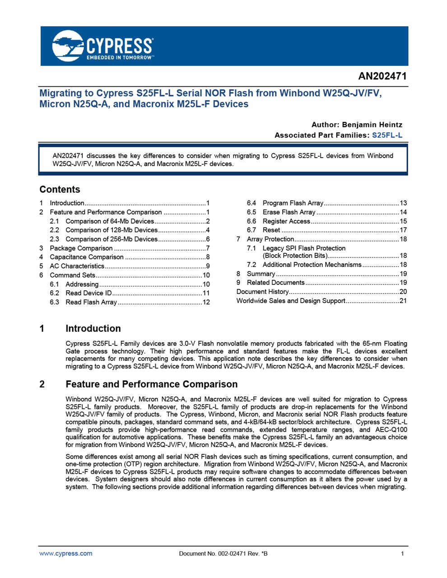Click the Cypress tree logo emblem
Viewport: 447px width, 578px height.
(68, 46)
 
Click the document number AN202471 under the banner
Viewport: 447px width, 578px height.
(382, 76)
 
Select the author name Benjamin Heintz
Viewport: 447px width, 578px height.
(372, 125)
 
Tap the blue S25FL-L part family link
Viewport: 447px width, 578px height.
(387, 135)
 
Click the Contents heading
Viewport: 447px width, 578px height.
(60, 190)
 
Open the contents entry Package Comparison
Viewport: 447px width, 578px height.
(81, 248)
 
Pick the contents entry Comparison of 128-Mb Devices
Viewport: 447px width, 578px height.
(111, 230)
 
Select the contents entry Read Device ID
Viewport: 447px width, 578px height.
(88, 293)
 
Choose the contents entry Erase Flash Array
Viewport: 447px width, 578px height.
(289, 212)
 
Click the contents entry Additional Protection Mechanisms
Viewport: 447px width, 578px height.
(312, 265)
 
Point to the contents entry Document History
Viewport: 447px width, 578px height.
(262, 292)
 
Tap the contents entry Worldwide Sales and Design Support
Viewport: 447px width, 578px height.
(291, 301)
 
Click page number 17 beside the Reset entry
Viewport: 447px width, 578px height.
(403, 230)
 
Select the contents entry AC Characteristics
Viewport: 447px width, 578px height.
(77, 266)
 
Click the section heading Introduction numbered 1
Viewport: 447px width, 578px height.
(93, 329)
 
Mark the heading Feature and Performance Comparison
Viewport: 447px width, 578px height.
(151, 384)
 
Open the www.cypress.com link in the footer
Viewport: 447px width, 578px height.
(66, 553)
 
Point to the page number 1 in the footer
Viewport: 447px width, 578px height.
(402, 554)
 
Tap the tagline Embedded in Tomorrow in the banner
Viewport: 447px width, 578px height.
(120, 58)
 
